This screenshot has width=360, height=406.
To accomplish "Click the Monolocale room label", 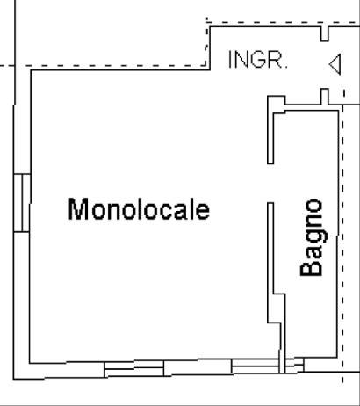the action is click(139, 209).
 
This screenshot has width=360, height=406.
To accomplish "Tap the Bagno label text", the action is click(313, 237).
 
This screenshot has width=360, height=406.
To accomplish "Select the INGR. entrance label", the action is click(258, 60).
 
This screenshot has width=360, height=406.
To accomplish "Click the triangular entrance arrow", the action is click(335, 64).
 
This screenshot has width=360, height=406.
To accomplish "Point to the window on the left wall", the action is click(22, 203).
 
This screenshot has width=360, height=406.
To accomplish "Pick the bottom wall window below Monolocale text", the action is click(134, 368).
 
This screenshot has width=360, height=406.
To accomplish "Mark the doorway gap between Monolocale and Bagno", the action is click(270, 183).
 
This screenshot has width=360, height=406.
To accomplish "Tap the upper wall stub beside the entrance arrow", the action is click(325, 33).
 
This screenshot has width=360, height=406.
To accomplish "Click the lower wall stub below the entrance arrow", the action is click(325, 97).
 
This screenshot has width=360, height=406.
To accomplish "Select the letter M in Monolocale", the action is click(76, 209).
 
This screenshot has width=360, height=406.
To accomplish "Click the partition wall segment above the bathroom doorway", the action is click(270, 129).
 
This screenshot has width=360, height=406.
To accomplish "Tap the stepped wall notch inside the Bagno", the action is click(277, 308).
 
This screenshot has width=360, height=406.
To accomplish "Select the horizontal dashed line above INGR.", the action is click(283, 22).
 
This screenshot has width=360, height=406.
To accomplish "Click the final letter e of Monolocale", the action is click(203, 212).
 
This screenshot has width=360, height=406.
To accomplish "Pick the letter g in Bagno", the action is click(314, 237).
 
